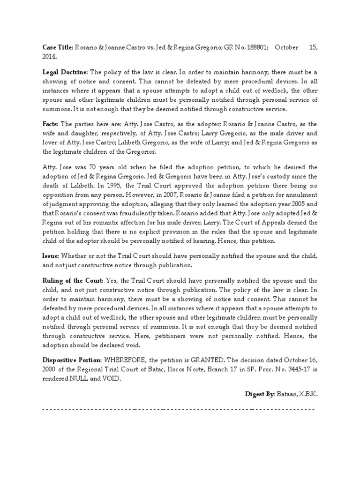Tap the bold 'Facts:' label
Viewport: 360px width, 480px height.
(x=51, y=124)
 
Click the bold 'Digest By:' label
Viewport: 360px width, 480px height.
(x=260, y=394)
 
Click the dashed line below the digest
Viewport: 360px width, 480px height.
(x=178, y=409)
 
